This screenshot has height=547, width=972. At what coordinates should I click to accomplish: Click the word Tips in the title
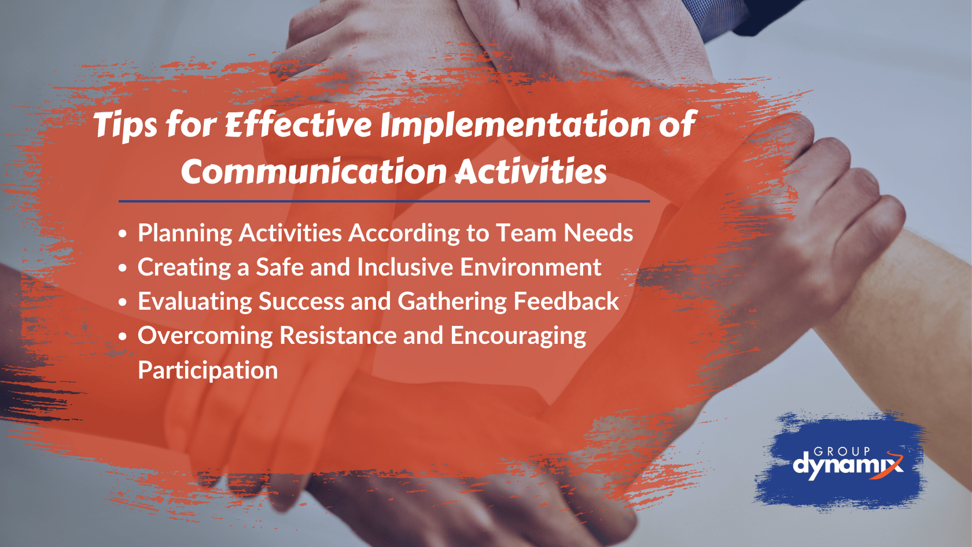coord(125,125)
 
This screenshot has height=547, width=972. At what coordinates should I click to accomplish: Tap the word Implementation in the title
coord(516,125)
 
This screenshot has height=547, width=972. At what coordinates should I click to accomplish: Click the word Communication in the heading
coord(314,172)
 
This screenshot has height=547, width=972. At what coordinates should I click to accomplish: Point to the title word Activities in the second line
coord(531,172)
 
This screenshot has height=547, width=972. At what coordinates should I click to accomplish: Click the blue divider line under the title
coord(384,201)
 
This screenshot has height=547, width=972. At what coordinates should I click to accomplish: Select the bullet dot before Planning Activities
coord(123,234)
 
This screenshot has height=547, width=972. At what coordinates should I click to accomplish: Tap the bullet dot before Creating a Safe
coord(123,268)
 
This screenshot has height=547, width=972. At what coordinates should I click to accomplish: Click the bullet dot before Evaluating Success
coord(123,302)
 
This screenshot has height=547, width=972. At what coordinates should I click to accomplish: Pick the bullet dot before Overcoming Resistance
coord(123,336)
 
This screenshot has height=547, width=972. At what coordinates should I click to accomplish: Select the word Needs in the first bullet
coord(598,233)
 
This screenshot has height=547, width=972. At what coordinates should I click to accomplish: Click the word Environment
coord(531,267)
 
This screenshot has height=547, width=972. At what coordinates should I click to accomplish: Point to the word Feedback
coord(566,302)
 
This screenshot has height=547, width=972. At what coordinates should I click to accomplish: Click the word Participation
coord(208,370)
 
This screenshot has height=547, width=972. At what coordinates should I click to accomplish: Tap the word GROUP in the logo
coord(842,451)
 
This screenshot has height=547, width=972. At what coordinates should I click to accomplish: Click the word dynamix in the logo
coord(846,465)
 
